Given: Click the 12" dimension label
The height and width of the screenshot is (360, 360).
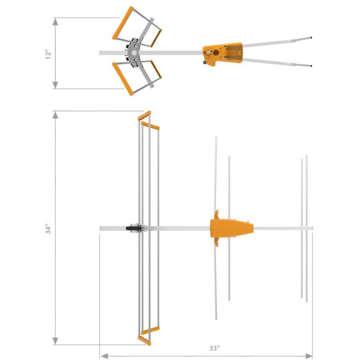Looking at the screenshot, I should (x=49, y=54).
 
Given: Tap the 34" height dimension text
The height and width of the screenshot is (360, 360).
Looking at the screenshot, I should (x=49, y=228).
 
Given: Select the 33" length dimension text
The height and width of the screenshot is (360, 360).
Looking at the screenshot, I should (x=215, y=348).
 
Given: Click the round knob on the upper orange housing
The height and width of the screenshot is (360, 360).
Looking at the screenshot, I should (x=216, y=53).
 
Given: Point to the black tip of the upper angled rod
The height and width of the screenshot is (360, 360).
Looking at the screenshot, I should (x=311, y=38).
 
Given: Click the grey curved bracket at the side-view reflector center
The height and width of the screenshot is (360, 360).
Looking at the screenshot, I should (x=134, y=53).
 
